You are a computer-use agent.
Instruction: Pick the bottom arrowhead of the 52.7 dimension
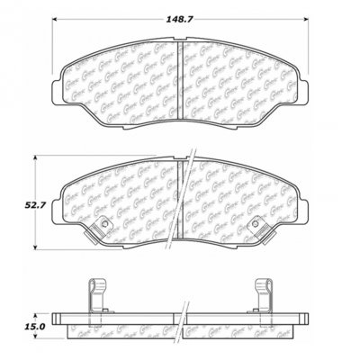coord(36,249)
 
